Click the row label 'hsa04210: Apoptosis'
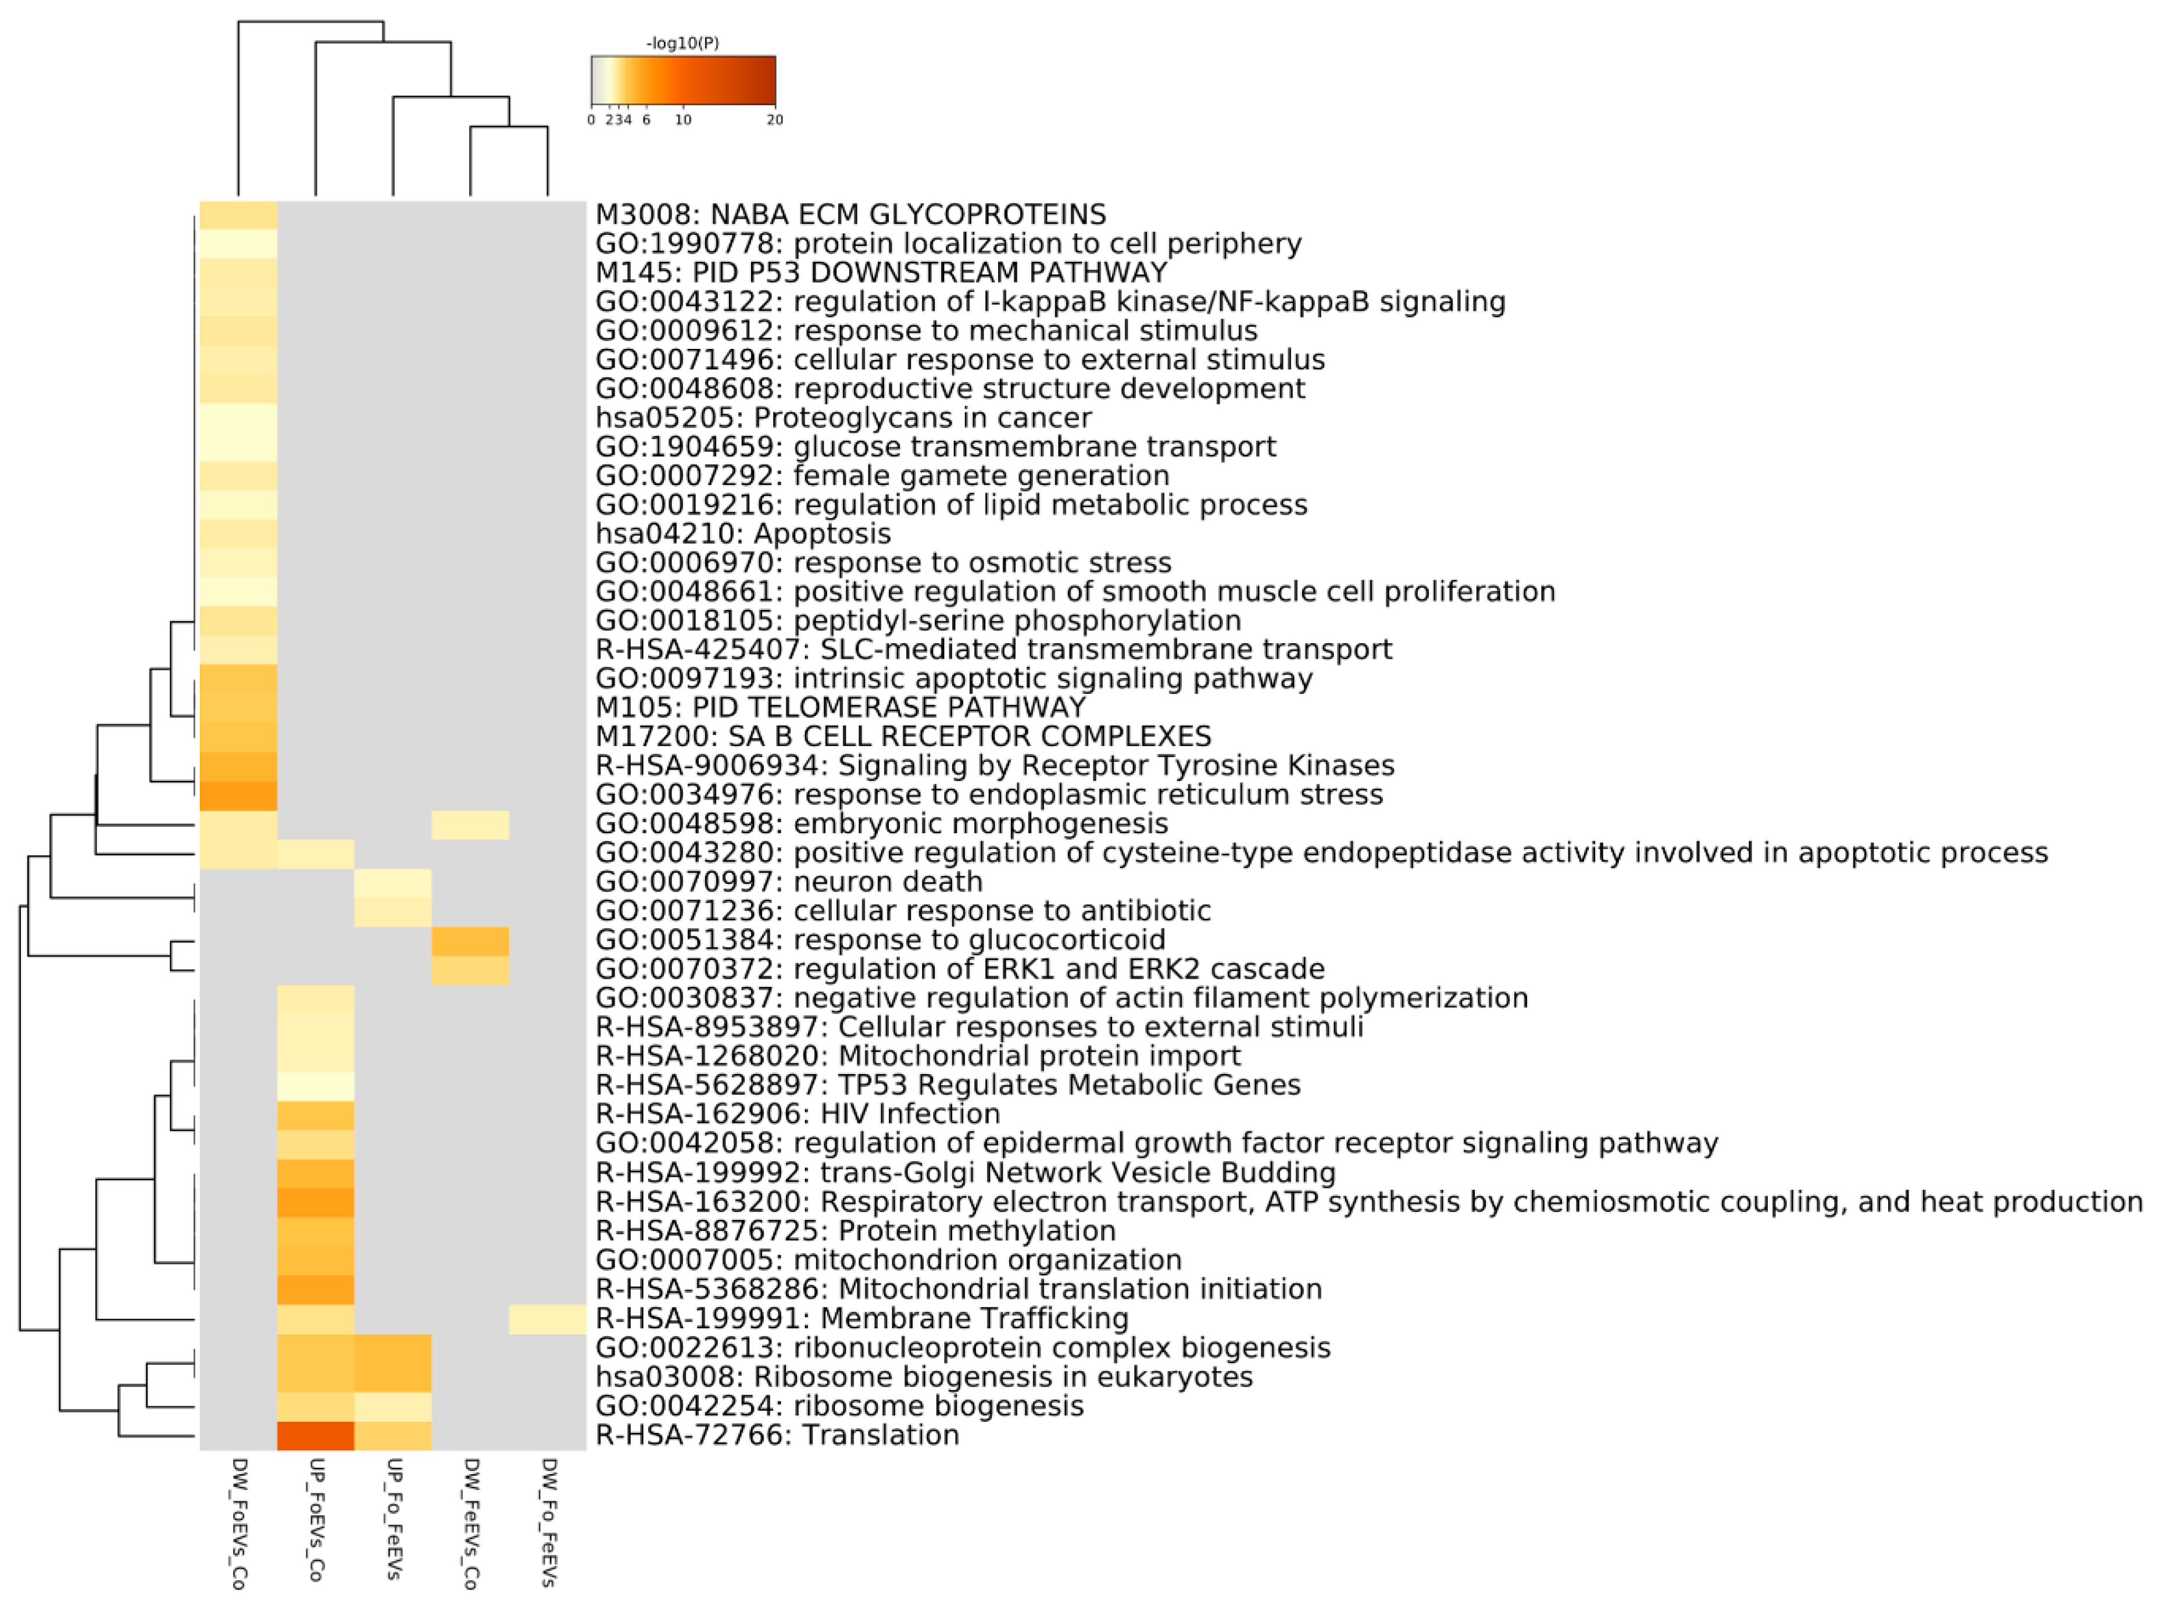click(x=743, y=533)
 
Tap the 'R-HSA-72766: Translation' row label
click(x=777, y=1435)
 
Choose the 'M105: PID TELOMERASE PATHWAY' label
click(x=840, y=707)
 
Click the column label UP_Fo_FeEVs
click(x=394, y=1518)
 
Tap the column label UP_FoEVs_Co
click(x=316, y=1518)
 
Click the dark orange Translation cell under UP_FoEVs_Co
click(x=316, y=1435)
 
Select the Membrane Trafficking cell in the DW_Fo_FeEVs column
click(x=548, y=1318)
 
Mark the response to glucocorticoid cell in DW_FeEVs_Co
click(x=470, y=940)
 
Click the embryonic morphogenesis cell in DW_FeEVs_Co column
click(x=470, y=824)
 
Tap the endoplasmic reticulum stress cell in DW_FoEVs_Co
click(x=238, y=795)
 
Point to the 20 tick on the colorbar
click(x=774, y=119)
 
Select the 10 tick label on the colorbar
click(x=683, y=119)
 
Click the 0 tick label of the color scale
click(x=591, y=119)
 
